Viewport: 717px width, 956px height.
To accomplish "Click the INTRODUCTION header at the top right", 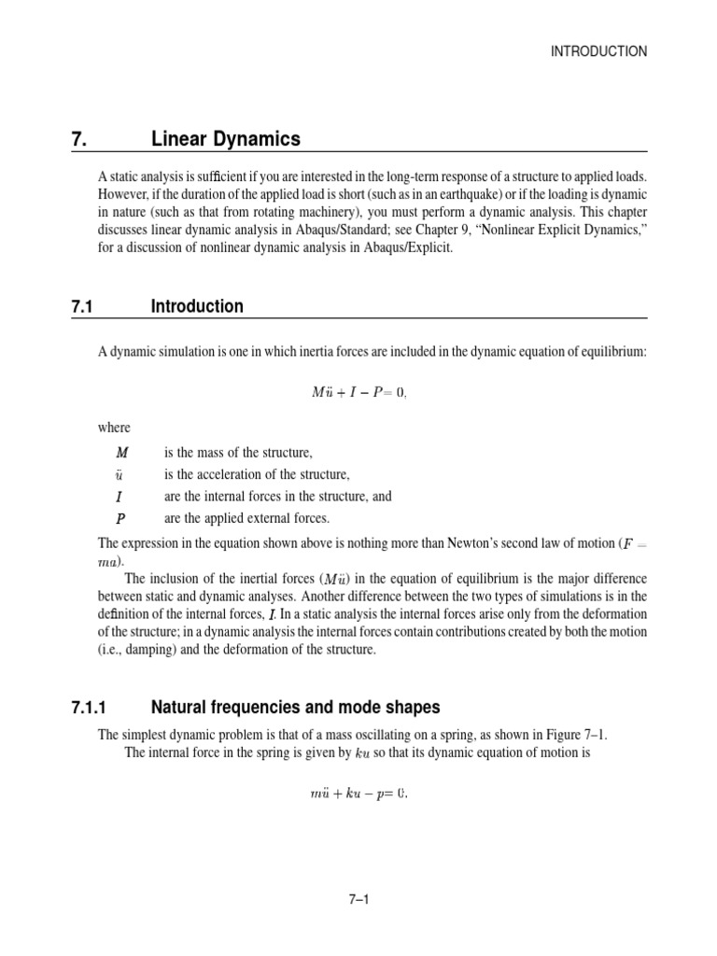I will pyautogui.click(x=599, y=52).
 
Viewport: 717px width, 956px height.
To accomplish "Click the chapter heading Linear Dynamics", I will pyautogui.click(x=226, y=139).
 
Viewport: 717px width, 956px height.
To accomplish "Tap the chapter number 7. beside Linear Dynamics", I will pyautogui.click(x=78, y=139).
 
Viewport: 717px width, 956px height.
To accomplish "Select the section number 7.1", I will pyautogui.click(x=84, y=306).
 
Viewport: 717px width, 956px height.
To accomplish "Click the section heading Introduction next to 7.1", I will pyautogui.click(x=197, y=306).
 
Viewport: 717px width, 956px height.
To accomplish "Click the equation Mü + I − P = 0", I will pyautogui.click(x=358, y=392).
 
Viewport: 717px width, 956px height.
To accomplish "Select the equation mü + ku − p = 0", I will pyautogui.click(x=358, y=795).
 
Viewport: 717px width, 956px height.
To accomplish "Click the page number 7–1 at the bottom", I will pyautogui.click(x=358, y=900).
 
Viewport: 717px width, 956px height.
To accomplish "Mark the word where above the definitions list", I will pyautogui.click(x=115, y=428).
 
